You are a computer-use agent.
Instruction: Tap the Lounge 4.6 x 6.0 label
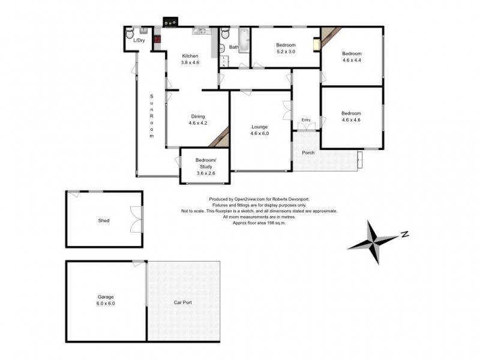(259, 130)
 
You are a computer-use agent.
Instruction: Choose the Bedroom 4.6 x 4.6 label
(351, 116)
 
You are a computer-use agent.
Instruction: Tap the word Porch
(308, 152)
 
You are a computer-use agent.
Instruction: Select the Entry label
(307, 120)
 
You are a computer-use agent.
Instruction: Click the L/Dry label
(139, 40)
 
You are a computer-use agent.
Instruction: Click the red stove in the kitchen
(158, 43)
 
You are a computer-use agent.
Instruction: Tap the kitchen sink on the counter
(200, 31)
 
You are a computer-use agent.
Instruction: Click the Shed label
(104, 220)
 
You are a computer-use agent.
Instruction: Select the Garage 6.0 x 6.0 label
(106, 301)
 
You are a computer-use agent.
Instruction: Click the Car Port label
(183, 302)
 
